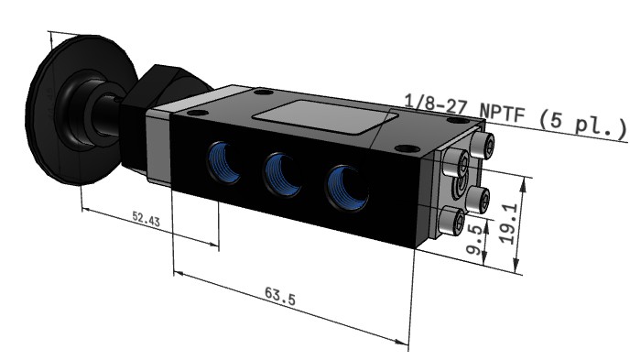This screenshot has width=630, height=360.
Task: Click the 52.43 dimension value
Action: (146, 219)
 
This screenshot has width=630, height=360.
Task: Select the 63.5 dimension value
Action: (280, 296)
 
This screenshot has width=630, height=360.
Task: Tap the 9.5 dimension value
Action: (474, 239)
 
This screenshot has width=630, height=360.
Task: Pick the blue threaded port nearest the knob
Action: (223, 162)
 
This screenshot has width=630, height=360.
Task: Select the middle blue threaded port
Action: (282, 176)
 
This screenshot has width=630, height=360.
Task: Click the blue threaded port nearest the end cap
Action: (348, 189)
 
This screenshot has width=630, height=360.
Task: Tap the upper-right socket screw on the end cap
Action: (482, 146)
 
